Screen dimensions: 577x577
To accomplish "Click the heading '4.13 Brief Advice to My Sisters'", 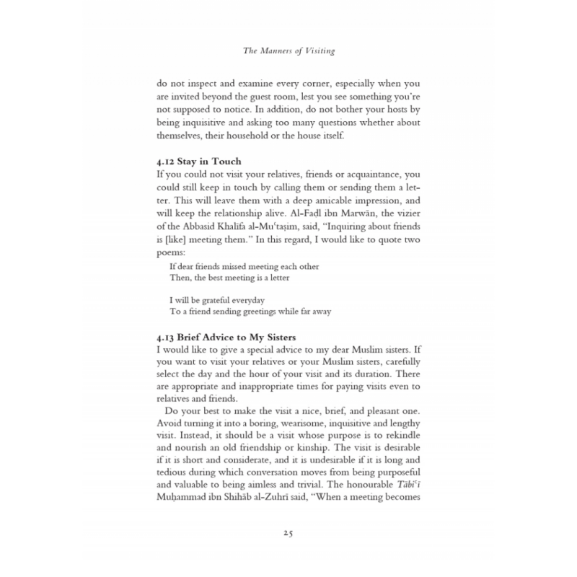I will pos(226,337).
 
